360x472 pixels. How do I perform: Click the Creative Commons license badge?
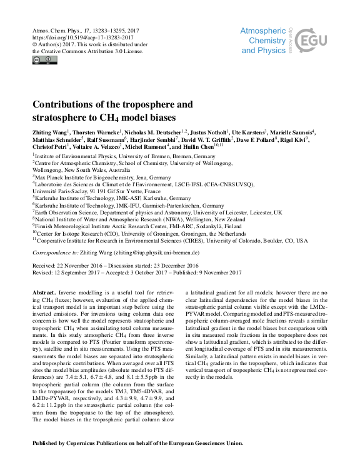tap(44, 60)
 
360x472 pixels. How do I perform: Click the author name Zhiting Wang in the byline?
tap(49, 133)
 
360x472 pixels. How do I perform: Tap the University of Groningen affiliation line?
tap(144, 233)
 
